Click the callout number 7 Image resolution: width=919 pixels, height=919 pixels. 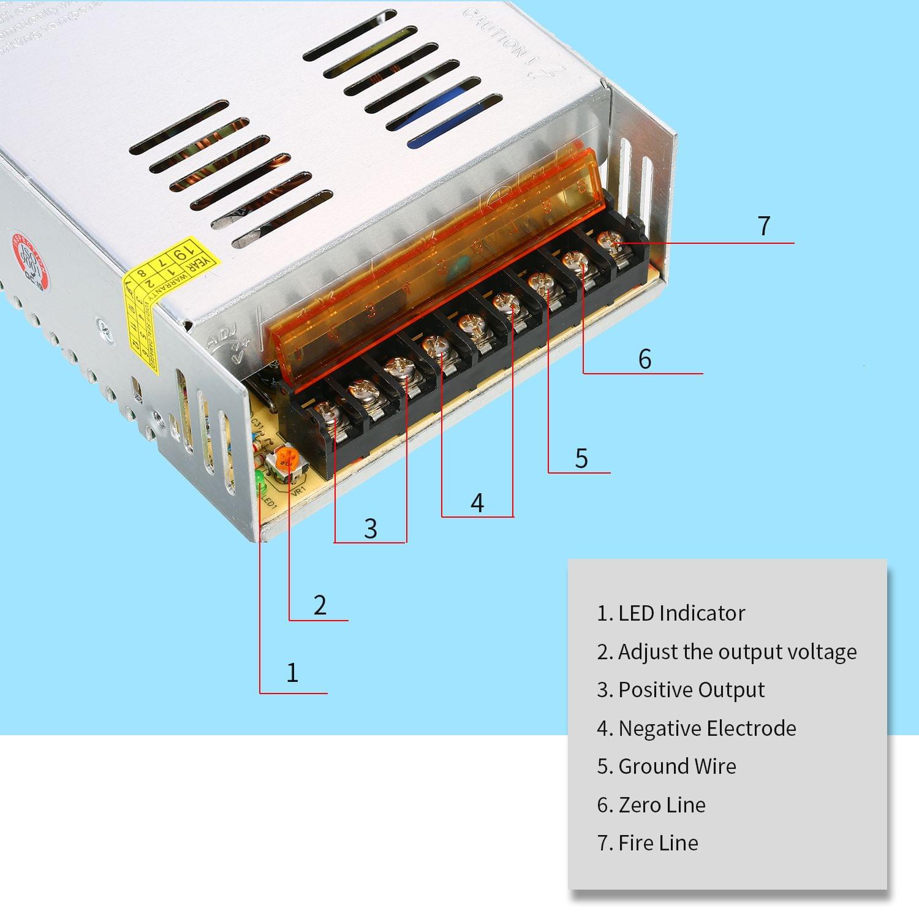point(763,225)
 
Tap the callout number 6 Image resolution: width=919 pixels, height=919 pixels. point(645,359)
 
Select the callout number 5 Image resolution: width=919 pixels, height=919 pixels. point(581,458)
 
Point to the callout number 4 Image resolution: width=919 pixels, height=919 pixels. point(477,503)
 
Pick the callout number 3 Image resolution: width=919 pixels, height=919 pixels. point(370,528)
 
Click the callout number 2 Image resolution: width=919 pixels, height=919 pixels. point(320,605)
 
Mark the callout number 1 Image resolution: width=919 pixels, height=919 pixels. point(292,673)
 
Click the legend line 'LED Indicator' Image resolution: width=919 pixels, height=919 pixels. point(671,613)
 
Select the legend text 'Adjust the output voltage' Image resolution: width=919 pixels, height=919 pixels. point(727,652)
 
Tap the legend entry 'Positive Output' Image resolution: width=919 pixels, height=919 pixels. point(681,690)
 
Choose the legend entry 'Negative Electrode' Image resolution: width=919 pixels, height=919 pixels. point(697,728)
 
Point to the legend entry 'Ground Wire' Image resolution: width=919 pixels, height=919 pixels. point(667,766)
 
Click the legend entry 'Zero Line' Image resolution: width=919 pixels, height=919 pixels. point(651,805)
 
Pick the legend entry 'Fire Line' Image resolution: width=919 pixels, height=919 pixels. point(648,843)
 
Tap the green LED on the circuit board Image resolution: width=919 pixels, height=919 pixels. point(260,477)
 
